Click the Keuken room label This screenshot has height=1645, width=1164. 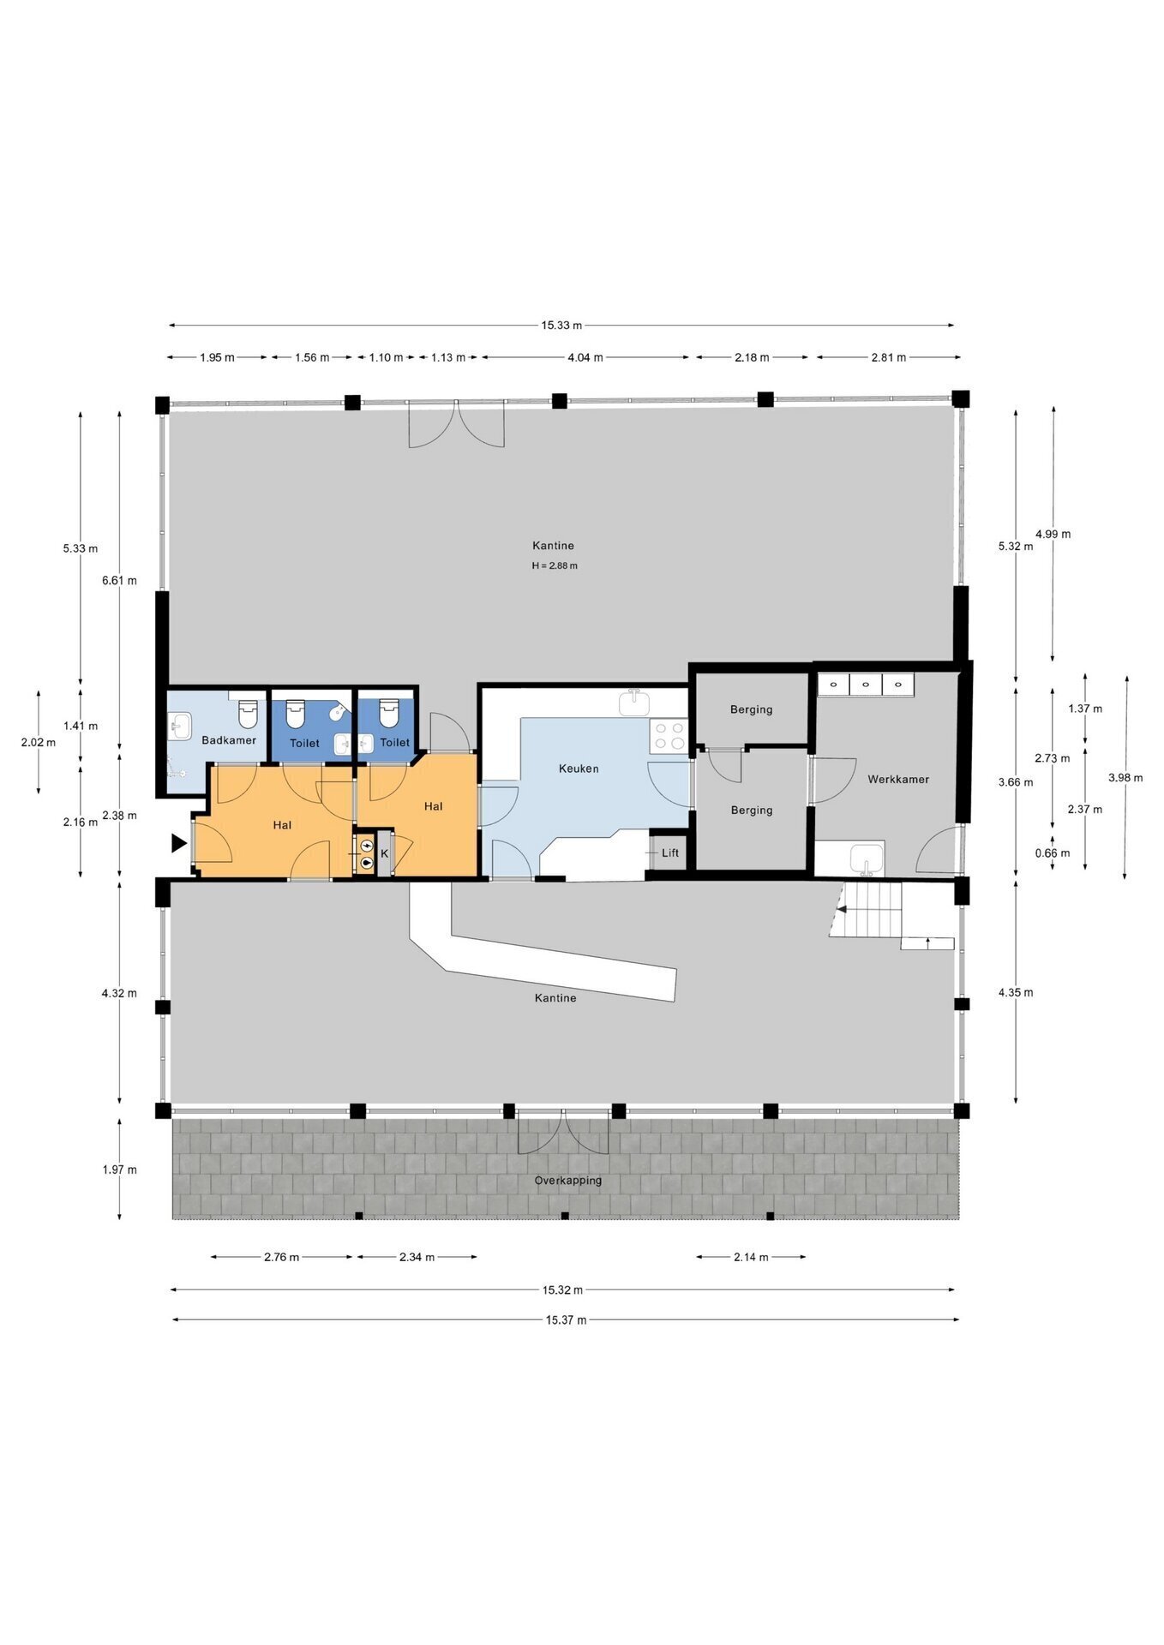579,769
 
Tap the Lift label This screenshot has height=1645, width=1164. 670,852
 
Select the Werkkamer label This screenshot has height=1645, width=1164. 898,780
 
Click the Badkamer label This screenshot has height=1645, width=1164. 229,740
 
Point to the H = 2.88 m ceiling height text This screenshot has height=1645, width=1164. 555,565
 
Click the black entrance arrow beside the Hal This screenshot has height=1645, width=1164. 179,843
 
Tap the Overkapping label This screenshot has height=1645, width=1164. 568,1181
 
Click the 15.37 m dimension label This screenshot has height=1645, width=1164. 567,1319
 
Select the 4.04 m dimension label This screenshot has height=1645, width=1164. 585,357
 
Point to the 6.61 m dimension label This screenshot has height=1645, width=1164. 119,580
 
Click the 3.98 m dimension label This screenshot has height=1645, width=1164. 1125,778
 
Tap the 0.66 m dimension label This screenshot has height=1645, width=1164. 1053,852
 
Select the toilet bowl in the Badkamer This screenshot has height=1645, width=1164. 248,714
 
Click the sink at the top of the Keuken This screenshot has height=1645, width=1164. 635,703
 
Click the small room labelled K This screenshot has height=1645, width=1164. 384,853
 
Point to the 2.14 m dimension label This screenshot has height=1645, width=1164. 751,1257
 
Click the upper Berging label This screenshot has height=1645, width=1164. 752,709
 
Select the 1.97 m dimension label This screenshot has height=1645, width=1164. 119,1169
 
